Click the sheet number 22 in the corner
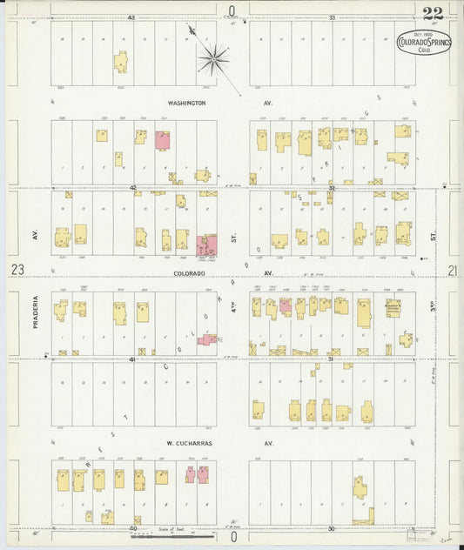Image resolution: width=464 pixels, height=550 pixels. point(433,12)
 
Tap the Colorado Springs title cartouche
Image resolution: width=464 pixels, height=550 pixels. point(423,43)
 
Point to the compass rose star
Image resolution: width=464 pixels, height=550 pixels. point(212,59)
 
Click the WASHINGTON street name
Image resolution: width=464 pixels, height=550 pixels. point(186,103)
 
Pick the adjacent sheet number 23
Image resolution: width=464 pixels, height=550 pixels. point(17,272)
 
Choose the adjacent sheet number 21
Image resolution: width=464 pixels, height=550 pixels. point(452,272)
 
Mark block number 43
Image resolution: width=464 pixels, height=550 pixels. point(131,17)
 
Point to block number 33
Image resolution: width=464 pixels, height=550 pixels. point(332,17)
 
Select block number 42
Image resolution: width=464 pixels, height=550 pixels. point(133,187)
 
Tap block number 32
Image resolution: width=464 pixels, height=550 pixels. point(332,187)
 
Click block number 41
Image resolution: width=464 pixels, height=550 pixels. point(132,359)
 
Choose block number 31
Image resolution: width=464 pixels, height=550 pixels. point(332,359)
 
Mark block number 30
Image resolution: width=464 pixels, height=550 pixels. point(332,528)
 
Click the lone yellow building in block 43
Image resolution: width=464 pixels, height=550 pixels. point(120,61)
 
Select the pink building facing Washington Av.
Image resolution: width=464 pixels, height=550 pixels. point(162,140)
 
